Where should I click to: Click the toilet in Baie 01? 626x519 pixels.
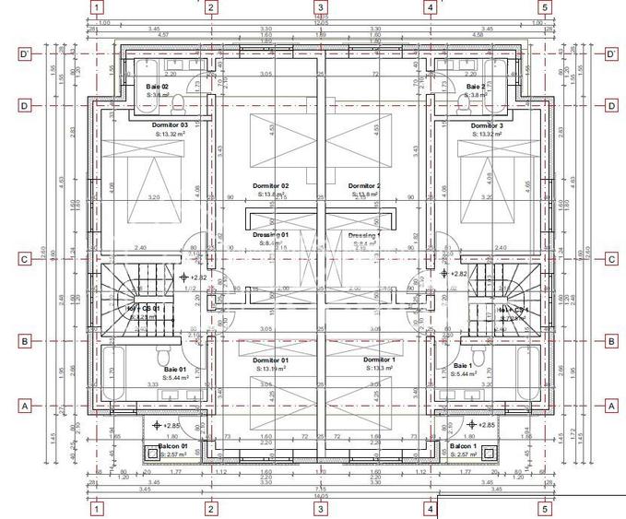click(x=162, y=356)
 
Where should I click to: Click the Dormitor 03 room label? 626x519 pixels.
click(x=170, y=125)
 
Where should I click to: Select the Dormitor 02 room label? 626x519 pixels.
click(x=271, y=185)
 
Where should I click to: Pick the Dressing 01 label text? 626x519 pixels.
click(x=271, y=235)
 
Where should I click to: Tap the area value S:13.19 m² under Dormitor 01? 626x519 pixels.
click(x=271, y=368)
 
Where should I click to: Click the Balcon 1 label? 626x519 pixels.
click(x=461, y=445)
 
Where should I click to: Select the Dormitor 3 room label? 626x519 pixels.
click(x=486, y=125)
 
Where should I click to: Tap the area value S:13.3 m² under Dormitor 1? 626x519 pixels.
click(x=379, y=368)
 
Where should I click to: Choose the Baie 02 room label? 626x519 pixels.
click(x=157, y=86)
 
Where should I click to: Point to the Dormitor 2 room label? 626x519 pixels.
click(x=365, y=185)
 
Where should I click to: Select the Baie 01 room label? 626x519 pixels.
click(x=175, y=369)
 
